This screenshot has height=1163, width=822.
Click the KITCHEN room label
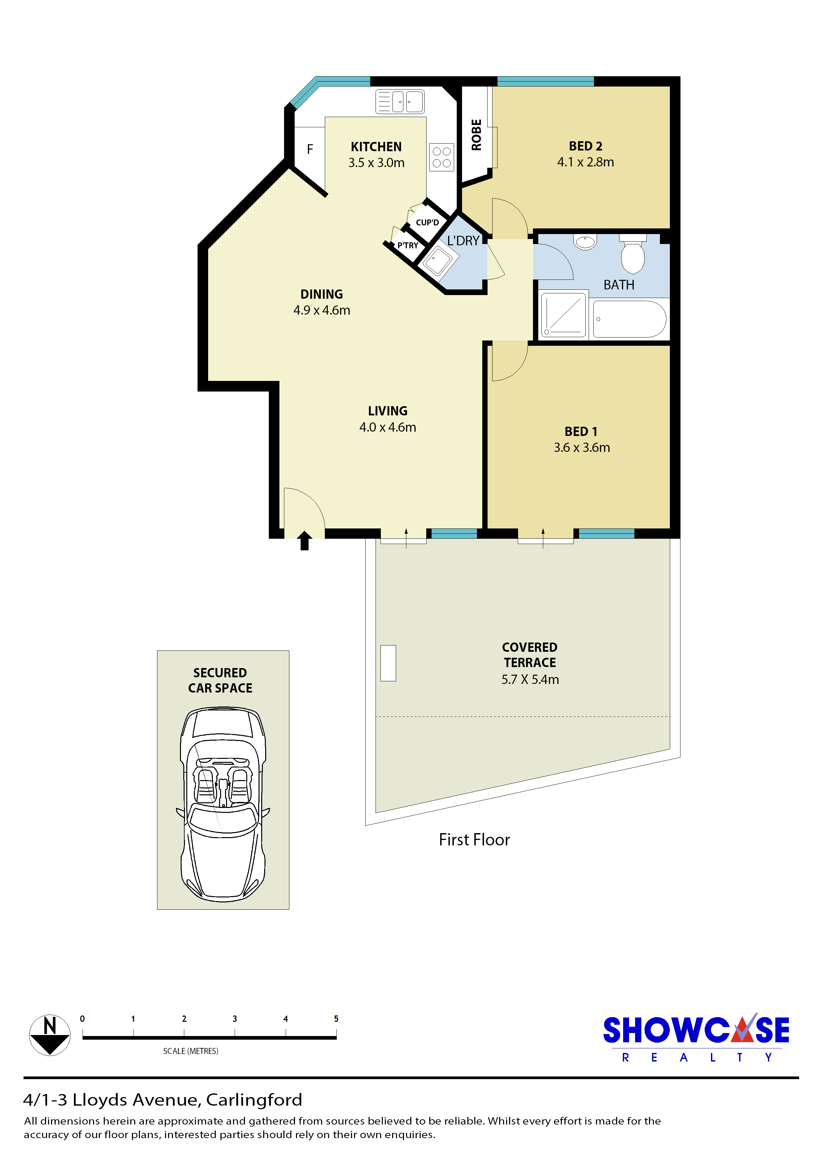376,147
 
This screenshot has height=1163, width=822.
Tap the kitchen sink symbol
400,101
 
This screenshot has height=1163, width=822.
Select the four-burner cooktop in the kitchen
441,157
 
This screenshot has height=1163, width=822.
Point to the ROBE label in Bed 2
476,135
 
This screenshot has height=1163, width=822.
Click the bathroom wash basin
585,242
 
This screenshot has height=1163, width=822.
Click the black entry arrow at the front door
304,540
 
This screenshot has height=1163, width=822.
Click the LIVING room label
387,411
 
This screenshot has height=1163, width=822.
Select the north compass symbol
50,1035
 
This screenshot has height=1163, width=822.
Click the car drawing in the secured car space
223,804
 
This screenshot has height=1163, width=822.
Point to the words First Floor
474,840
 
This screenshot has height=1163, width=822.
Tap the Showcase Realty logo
696,1037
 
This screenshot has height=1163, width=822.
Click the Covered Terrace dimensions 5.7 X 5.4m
530,680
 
